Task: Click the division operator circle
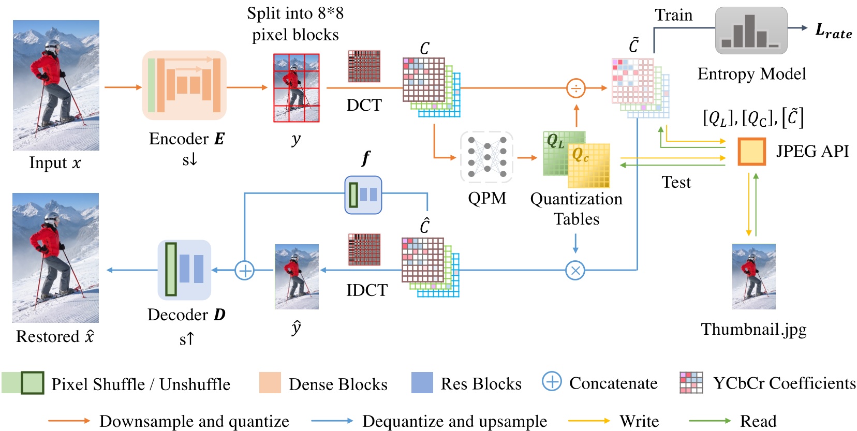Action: pos(576,88)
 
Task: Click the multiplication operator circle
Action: pos(575,270)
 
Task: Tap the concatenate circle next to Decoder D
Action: pos(244,270)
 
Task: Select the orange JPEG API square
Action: pos(751,152)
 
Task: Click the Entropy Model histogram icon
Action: pos(751,31)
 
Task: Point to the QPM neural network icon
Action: pos(486,157)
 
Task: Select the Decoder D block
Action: pos(184,270)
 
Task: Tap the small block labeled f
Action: pos(363,195)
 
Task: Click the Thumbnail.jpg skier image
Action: pos(753,277)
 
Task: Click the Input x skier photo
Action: pos(56,85)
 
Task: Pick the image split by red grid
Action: pos(297,88)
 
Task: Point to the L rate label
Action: pos(833,31)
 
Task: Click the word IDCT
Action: pos(366,290)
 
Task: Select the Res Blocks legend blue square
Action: pos(422,383)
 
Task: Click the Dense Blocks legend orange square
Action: pos(270,383)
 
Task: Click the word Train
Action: pos(673,15)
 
